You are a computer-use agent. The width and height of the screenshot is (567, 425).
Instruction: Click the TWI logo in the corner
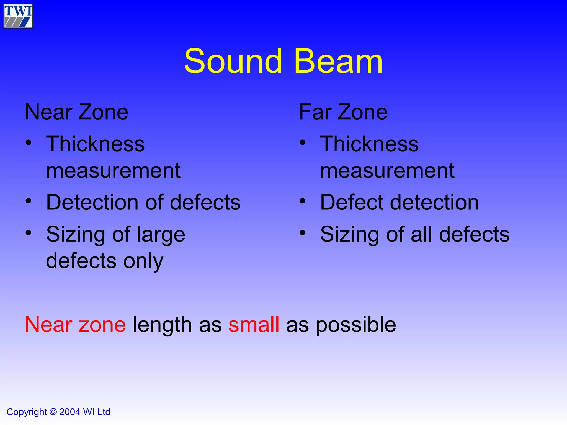point(18,16)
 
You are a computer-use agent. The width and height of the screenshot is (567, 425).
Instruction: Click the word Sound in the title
point(233,61)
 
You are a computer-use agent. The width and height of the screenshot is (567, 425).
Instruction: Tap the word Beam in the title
point(338,61)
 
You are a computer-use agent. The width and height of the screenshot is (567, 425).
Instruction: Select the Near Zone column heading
point(76,112)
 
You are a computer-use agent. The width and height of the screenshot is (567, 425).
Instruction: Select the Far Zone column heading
point(343,112)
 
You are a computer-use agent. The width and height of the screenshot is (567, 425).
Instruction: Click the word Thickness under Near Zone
point(95,144)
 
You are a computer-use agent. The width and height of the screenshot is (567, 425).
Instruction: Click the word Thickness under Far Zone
point(369,144)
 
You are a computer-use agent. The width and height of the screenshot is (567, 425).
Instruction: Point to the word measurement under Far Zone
point(387,171)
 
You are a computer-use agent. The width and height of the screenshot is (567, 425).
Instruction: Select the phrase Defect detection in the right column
point(399,202)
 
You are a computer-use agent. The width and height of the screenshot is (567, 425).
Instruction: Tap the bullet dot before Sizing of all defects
point(303,233)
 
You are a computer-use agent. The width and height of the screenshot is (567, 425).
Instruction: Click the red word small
point(254,325)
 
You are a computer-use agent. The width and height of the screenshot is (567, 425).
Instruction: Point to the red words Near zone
point(75,325)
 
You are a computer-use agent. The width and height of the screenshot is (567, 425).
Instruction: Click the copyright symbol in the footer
point(53,412)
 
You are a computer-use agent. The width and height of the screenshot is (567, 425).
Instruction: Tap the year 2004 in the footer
point(69,412)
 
